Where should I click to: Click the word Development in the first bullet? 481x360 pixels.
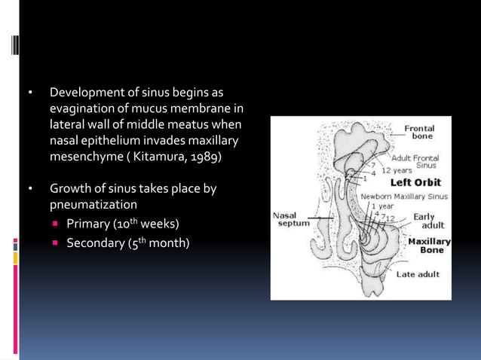click(86, 93)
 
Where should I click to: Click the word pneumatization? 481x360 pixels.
click(93, 204)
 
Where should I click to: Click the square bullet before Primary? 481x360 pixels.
click(56, 224)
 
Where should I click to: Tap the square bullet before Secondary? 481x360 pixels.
click(56, 243)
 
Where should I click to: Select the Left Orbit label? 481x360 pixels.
click(415, 182)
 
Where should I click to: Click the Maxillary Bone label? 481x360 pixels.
click(429, 246)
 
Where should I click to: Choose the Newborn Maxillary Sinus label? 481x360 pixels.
click(403, 196)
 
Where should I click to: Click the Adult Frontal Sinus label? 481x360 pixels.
click(422, 161)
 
